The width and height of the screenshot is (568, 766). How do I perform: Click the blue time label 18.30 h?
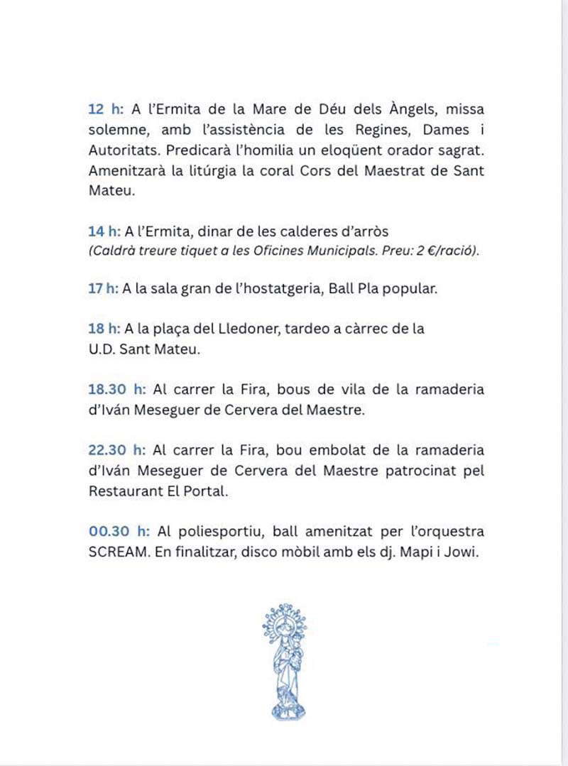[x=118, y=390]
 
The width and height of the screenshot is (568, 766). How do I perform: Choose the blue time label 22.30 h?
[x=118, y=450]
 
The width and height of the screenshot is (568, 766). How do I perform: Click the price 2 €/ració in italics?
[x=443, y=251]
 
